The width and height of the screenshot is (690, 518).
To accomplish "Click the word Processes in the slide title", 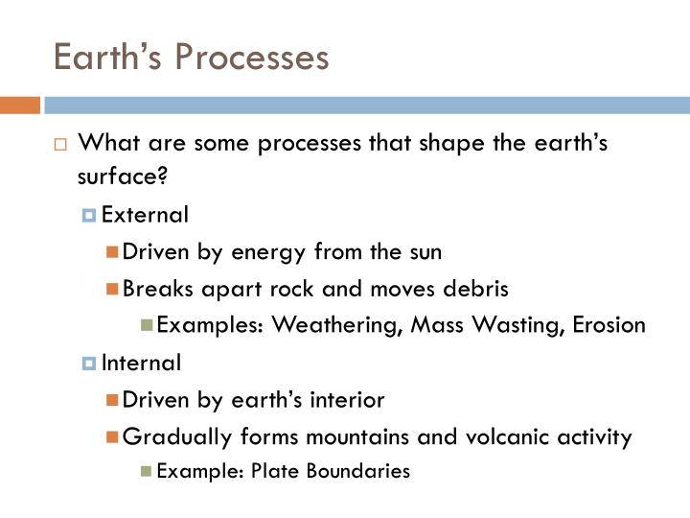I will point(250,58).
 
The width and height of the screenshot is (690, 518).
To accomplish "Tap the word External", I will point(145,215).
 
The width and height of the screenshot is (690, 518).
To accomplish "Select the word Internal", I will point(141,364).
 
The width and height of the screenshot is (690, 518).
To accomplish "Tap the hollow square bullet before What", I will point(59,145).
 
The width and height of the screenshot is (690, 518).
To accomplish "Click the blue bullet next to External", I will point(89,216).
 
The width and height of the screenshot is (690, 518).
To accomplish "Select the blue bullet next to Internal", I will point(89,365).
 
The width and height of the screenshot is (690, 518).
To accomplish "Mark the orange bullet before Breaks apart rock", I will point(113,290).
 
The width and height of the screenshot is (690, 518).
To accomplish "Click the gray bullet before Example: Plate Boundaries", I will point(146,472).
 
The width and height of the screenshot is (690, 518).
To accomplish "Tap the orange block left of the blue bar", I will point(19,105).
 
